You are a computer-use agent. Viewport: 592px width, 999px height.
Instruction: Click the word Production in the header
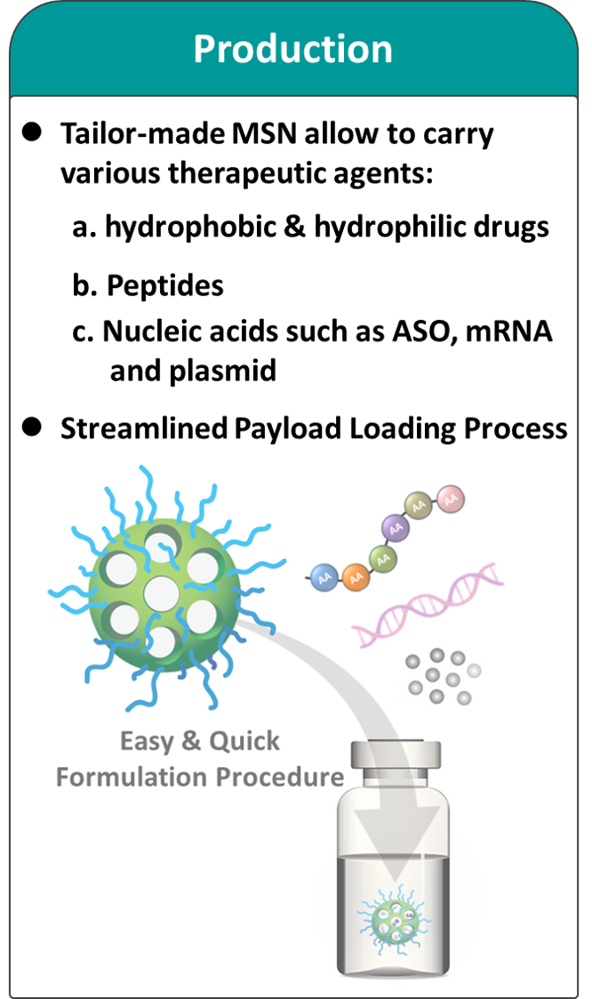coord(293,50)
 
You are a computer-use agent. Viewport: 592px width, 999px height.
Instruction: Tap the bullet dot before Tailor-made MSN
coord(33,132)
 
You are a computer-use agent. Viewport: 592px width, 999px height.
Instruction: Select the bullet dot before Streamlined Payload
coord(33,427)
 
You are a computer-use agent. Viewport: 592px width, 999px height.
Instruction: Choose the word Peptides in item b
coord(165,286)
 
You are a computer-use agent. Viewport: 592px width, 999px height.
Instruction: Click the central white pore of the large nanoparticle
coord(160,590)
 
